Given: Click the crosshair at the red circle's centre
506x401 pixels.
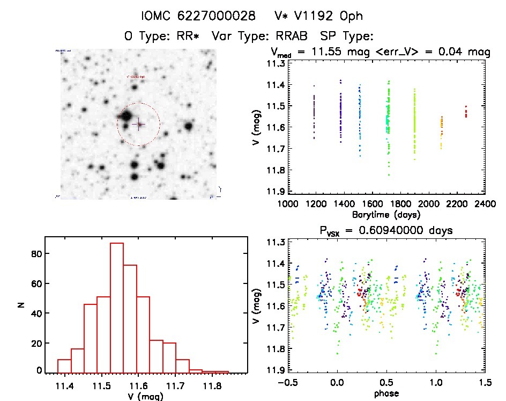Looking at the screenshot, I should pos(138,124).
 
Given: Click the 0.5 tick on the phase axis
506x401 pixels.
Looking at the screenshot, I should pos(384,383).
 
